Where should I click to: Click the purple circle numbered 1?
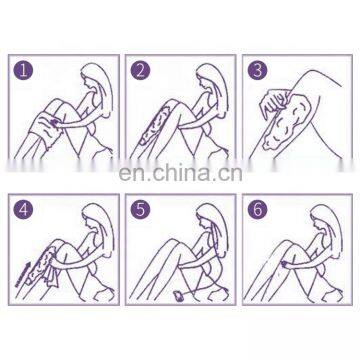pyautogui.click(x=23, y=70)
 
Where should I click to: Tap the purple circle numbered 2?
pyautogui.click(x=140, y=70)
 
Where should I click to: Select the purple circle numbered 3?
pyautogui.click(x=257, y=70)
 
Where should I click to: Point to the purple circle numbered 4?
pyautogui.click(x=23, y=210)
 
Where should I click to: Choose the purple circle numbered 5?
pyautogui.click(x=140, y=210)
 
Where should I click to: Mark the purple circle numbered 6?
pyautogui.click(x=257, y=210)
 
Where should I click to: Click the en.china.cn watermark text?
pyautogui.click(x=180, y=173)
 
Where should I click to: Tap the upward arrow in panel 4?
pyautogui.click(x=23, y=274)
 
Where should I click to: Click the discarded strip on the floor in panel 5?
pyautogui.click(x=179, y=296)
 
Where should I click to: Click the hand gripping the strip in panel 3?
pyautogui.click(x=274, y=102)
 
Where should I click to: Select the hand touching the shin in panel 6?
pyautogui.click(x=286, y=264)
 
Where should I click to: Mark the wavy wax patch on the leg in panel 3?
pyautogui.click(x=287, y=123)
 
